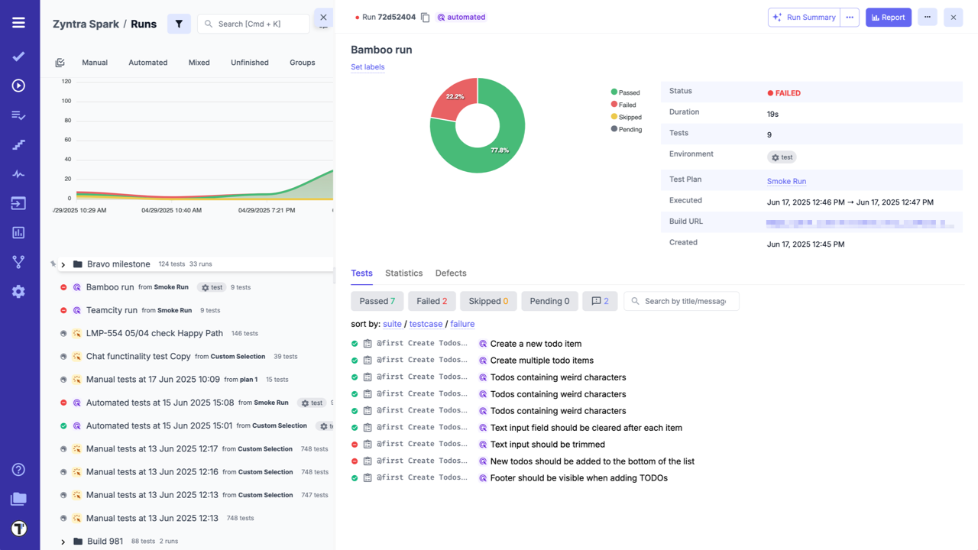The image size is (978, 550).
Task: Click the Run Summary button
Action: click(804, 17)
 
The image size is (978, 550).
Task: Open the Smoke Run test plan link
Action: click(786, 181)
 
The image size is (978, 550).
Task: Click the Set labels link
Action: click(368, 67)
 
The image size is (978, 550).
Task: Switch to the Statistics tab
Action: click(403, 273)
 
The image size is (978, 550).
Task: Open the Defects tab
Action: click(451, 273)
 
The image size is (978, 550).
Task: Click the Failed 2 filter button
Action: click(432, 301)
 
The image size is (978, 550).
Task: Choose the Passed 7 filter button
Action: click(377, 301)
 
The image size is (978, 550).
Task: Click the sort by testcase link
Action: click(426, 324)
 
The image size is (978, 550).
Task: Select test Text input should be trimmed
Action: click(547, 445)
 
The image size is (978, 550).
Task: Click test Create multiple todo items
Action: click(542, 361)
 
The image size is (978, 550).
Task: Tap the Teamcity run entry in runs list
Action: click(112, 310)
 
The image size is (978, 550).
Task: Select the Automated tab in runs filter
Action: click(147, 63)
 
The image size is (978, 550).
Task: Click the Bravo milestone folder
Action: click(118, 264)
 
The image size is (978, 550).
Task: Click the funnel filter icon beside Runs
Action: click(179, 24)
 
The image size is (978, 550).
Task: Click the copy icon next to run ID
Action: click(426, 17)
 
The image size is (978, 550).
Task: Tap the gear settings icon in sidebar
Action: click(18, 292)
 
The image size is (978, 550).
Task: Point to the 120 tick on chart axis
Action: click(66, 82)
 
